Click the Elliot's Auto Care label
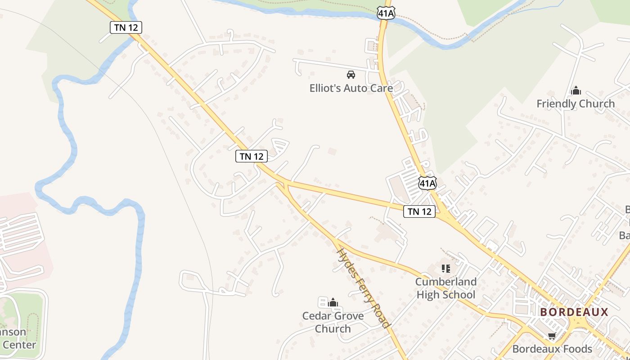[351, 88]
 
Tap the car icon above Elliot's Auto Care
[351, 75]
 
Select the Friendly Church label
[576, 104]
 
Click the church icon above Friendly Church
[576, 91]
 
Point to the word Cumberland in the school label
[445, 282]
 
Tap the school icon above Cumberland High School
[446, 269]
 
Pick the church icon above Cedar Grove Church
[333, 303]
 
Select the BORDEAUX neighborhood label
[574, 312]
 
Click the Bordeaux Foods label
[552, 349]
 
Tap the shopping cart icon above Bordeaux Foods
[552, 336]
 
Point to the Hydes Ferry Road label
[363, 288]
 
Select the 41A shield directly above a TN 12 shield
[427, 183]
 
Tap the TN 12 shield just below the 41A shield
[419, 211]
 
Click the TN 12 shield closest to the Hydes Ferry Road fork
[252, 156]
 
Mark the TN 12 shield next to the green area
[126, 27]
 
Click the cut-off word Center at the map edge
[19, 345]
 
